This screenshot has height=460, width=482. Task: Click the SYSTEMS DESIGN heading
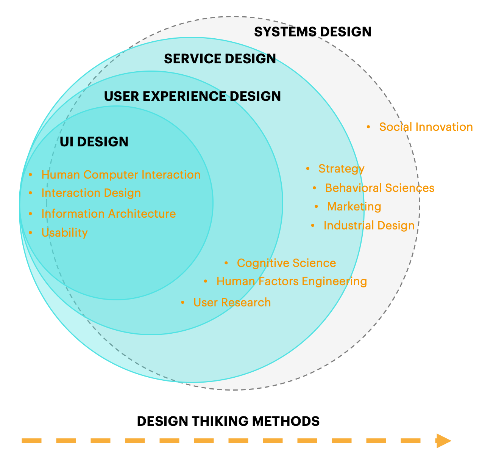tap(312, 32)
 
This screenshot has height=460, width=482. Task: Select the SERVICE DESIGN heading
tap(220, 59)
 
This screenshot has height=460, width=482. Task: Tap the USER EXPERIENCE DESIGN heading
tap(192, 96)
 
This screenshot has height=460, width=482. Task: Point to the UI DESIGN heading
tap(94, 142)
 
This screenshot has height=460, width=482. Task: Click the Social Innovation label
tap(426, 127)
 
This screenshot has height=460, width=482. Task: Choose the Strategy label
tap(341, 169)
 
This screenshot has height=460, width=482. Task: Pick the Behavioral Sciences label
tap(379, 188)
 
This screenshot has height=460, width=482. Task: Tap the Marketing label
tap(354, 207)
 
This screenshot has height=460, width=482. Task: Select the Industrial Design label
tap(369, 226)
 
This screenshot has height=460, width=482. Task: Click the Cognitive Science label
tap(286, 263)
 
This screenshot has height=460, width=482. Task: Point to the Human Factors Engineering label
tap(292, 281)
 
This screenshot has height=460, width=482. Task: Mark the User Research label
tap(232, 303)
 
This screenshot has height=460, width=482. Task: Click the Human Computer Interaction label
tap(121, 175)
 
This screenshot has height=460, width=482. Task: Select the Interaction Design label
tap(91, 193)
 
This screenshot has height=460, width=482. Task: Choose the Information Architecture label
tap(108, 214)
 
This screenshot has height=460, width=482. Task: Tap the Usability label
tap(64, 233)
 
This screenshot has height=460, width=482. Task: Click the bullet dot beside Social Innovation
tap(368, 127)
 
